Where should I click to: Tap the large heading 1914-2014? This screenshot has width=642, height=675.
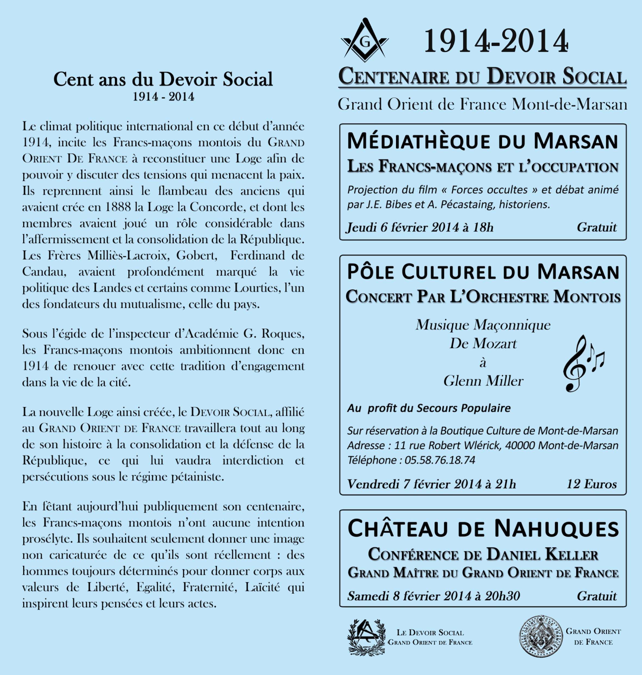pos(495,41)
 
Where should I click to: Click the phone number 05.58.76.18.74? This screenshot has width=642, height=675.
pos(440,460)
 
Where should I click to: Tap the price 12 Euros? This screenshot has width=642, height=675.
pos(592,484)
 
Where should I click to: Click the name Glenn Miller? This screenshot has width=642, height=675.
pos(483,381)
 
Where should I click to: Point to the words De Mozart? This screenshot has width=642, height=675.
pos(483,343)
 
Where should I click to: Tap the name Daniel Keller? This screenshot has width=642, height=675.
pos(543,555)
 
